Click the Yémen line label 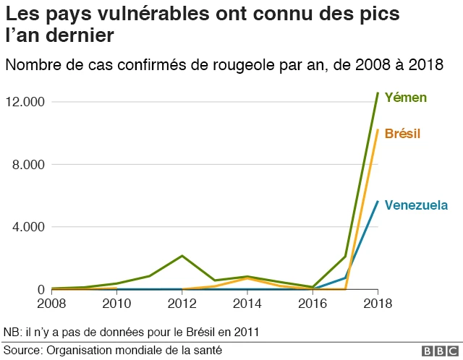pyautogui.click(x=405, y=97)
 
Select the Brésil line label pyautogui.click(x=402, y=134)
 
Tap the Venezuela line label pyautogui.click(x=416, y=205)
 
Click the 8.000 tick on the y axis pyautogui.click(x=29, y=164)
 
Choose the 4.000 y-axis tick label pyautogui.click(x=29, y=227)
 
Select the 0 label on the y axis pyautogui.click(x=41, y=289)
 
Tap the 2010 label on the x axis pyautogui.click(x=116, y=304)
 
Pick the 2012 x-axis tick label pyautogui.click(x=182, y=304)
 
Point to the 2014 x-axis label pyautogui.click(x=247, y=304)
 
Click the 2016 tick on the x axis pyautogui.click(x=312, y=304)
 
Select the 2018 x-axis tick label pyautogui.click(x=377, y=304)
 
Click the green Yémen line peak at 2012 pyautogui.click(x=182, y=256)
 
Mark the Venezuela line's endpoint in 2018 pyautogui.click(x=377, y=202)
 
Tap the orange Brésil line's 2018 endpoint pyautogui.click(x=377, y=130)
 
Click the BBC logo pyautogui.click(x=436, y=350)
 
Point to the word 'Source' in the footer pyautogui.click(x=22, y=350)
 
